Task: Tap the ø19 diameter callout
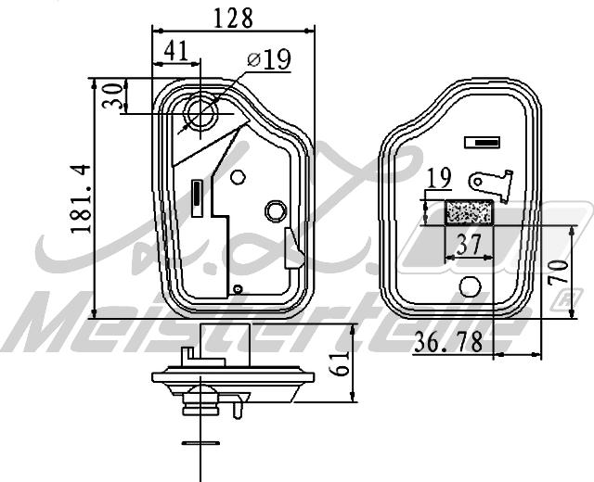(x=269, y=60)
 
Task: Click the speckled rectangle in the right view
(x=470, y=213)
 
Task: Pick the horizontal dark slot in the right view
(x=483, y=143)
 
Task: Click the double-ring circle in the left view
(x=276, y=211)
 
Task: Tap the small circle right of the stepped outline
(x=238, y=176)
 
